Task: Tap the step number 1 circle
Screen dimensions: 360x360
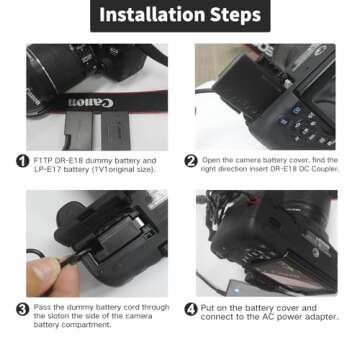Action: pos(22,161)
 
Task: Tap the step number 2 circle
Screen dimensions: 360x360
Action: pos(191,161)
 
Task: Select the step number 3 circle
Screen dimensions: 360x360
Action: pos(22,309)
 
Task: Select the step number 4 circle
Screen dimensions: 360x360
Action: pos(191,309)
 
